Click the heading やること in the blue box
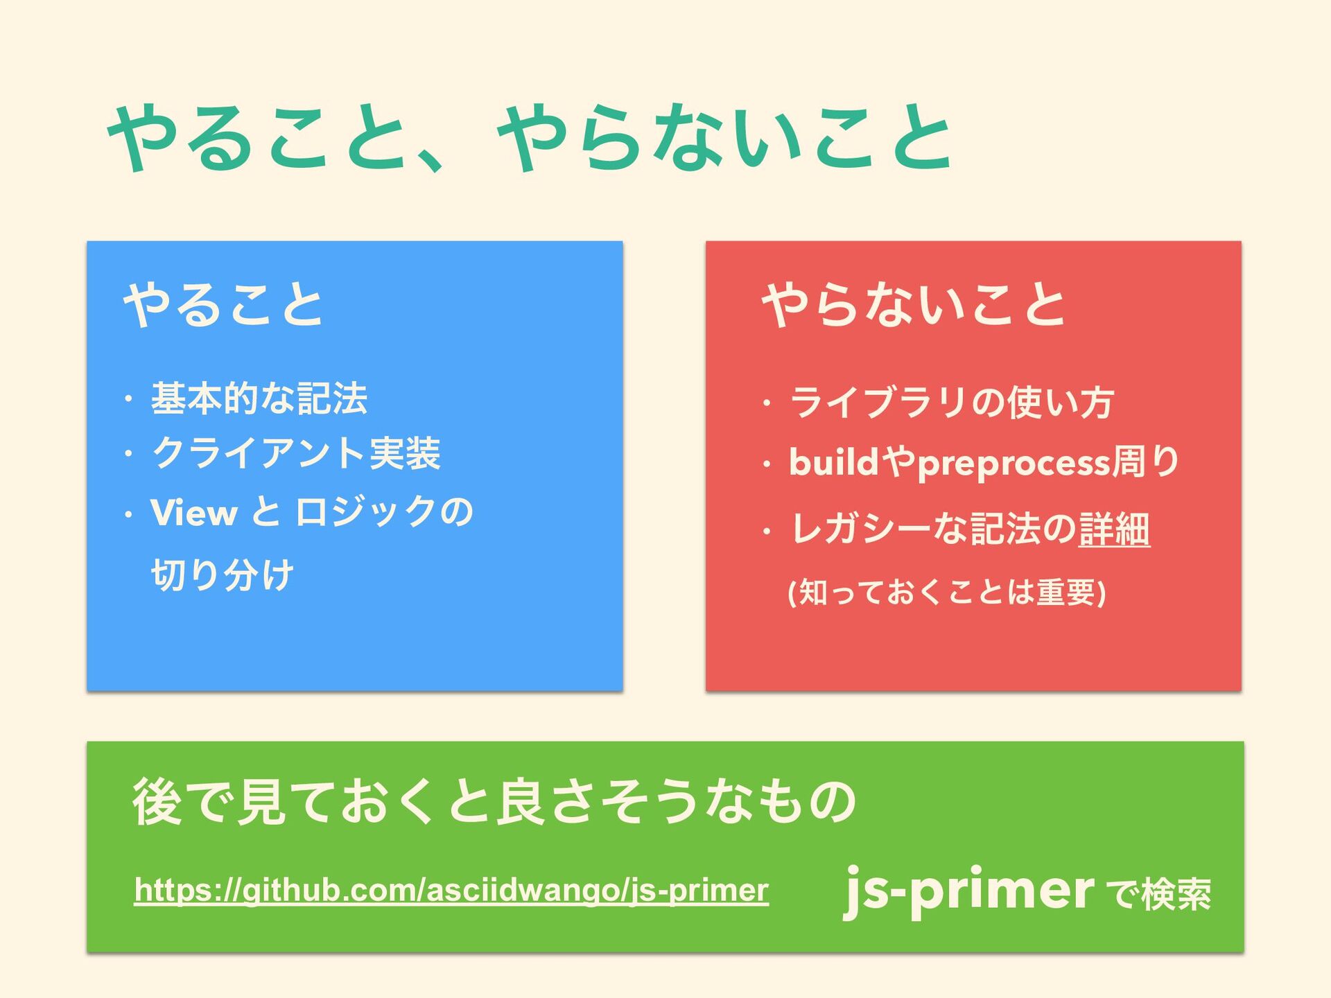click(223, 304)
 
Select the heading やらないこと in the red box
click(913, 304)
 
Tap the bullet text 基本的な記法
click(259, 398)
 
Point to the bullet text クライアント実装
click(296, 454)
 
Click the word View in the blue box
click(193, 513)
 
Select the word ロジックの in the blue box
click(384, 513)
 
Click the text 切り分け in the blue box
click(223, 575)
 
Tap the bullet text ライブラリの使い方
click(951, 402)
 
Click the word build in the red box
click(834, 462)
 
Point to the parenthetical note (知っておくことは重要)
click(946, 593)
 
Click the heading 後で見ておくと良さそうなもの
click(494, 802)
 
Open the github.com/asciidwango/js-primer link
click(451, 890)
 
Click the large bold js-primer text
click(969, 890)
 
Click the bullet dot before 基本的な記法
click(128, 399)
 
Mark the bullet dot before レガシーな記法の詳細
click(766, 532)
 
